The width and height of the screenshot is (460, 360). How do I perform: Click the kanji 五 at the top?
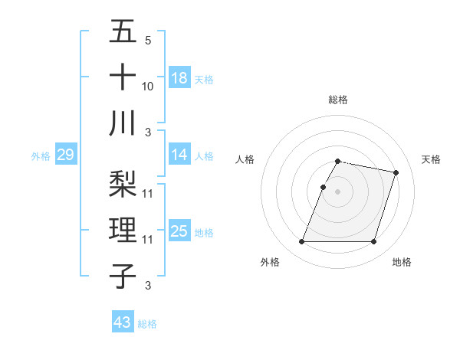click(x=123, y=32)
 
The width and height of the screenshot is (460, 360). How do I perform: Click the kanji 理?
click(x=123, y=231)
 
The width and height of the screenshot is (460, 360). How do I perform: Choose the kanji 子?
click(x=123, y=276)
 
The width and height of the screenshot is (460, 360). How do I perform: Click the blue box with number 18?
click(x=179, y=78)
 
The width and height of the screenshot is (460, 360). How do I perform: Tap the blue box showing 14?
click(x=179, y=155)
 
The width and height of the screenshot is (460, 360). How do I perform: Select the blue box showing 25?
click(x=179, y=231)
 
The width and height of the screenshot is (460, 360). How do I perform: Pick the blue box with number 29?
click(x=65, y=155)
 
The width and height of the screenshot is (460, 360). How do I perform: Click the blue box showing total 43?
click(x=123, y=322)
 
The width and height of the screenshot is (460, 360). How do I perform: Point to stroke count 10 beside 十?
click(x=148, y=86)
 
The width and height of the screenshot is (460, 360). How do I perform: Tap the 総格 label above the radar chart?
click(x=337, y=100)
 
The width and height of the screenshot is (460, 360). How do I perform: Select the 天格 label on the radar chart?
click(x=432, y=159)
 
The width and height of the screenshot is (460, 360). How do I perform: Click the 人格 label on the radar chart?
click(x=245, y=159)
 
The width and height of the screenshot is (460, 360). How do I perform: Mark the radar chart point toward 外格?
click(x=302, y=242)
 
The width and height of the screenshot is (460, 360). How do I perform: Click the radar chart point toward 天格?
click(x=396, y=173)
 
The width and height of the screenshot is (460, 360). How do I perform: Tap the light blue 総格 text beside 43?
click(x=147, y=324)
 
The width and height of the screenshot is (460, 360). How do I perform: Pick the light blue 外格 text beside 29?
click(x=41, y=156)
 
